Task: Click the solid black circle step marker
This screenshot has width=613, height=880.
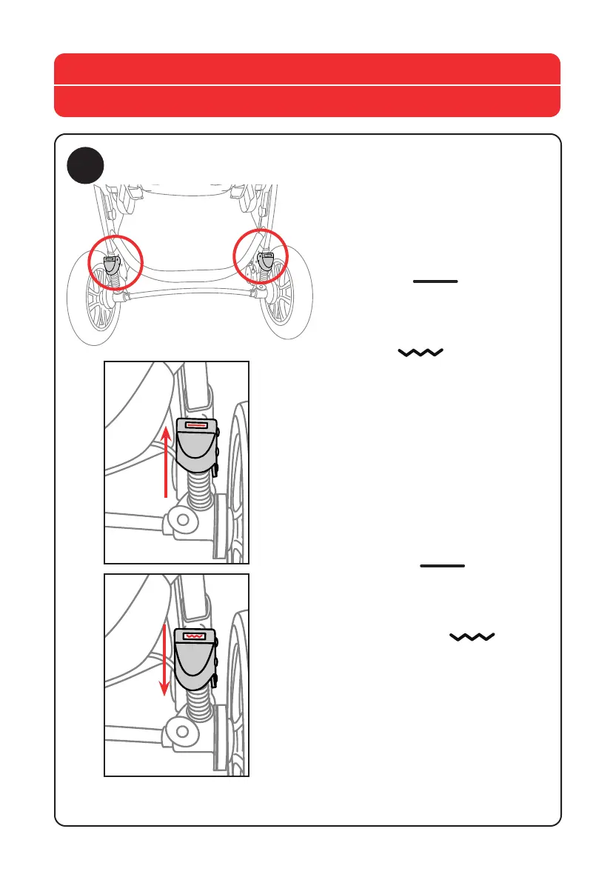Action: pos(87,167)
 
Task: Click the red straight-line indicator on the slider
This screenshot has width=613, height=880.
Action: pos(196,427)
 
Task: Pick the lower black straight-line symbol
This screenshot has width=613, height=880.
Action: pos(443,566)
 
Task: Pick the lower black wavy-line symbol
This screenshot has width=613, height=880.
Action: pos(472,637)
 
